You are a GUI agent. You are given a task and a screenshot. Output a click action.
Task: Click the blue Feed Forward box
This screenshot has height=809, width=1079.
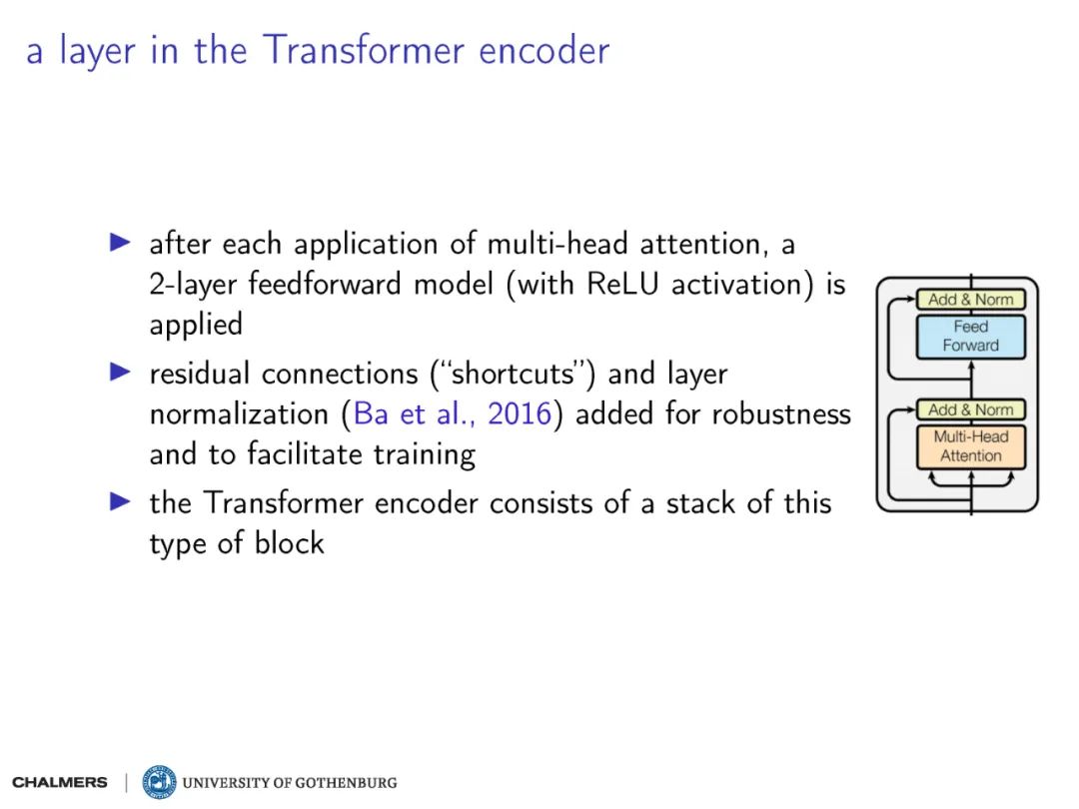pos(970,337)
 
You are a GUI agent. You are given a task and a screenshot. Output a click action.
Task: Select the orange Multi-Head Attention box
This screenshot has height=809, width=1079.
pos(970,446)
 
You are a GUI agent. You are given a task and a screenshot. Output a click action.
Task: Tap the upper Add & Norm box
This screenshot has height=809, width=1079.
pos(970,300)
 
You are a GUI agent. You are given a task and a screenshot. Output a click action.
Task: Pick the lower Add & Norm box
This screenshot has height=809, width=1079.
pos(970,409)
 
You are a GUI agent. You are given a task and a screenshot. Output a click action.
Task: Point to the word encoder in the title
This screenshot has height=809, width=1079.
pos(543,51)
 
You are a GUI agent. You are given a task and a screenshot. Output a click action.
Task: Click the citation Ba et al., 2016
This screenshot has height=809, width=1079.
pos(453,414)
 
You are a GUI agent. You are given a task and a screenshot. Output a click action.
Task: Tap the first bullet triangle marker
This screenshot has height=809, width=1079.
pos(120,243)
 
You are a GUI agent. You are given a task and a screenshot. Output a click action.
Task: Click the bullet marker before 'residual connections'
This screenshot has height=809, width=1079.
pos(120,373)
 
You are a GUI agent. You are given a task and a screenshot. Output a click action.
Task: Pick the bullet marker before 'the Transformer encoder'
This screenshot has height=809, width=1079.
pos(120,501)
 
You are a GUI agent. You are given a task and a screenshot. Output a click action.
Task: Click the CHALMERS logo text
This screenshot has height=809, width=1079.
pos(60,782)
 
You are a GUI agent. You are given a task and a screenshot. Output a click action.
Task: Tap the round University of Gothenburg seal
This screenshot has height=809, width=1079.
pos(159,782)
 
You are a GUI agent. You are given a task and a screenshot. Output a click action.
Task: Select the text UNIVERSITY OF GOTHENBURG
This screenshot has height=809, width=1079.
pos(290,782)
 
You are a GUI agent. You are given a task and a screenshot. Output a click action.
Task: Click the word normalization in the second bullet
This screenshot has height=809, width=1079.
pos(235,414)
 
